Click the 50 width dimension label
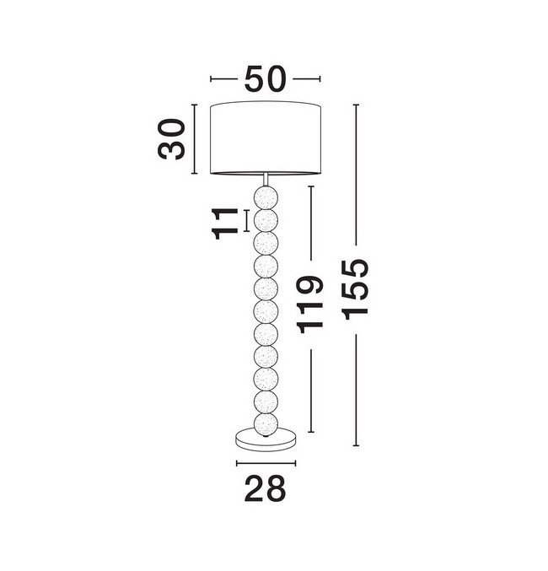265,78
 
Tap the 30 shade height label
171,139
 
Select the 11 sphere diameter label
224,224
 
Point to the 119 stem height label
310,304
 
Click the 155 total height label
356,289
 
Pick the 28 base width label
265,488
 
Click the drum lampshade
266,138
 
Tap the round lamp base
266,440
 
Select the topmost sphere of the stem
266,197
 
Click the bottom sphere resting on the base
266,424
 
